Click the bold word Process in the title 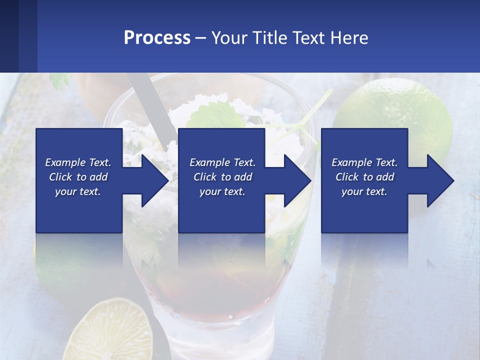pos(157,38)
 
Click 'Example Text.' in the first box pos(78,162)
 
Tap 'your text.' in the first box pos(78,191)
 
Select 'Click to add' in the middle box pos(222,177)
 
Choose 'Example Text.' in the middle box pos(222,162)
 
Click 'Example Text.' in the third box pos(364,162)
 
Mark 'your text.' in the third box pos(364,191)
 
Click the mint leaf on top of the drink pos(220,112)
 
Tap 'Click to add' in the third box pos(364,177)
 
